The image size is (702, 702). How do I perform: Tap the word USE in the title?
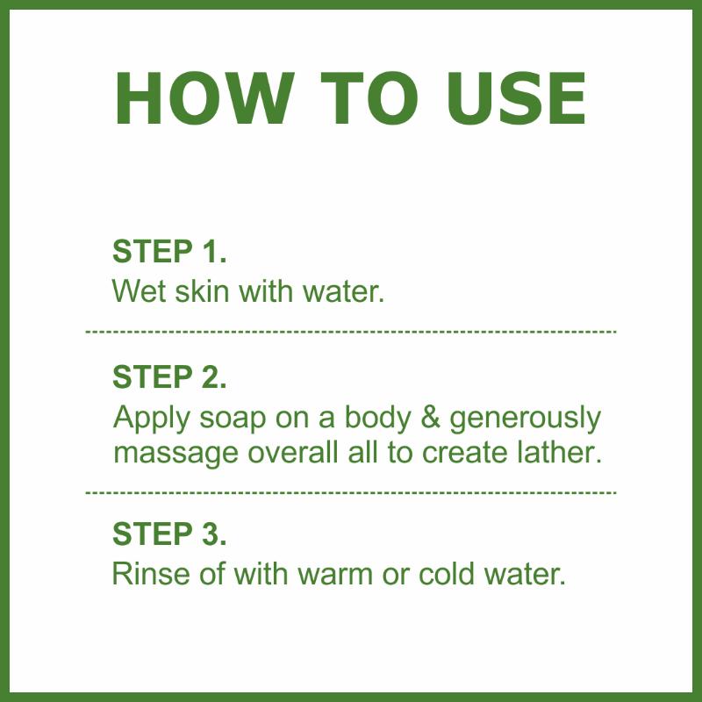point(516,98)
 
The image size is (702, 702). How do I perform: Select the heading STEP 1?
point(169,251)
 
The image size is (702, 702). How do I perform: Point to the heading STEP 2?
point(169,376)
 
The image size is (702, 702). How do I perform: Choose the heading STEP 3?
point(169,534)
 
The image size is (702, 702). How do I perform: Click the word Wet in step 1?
point(139,291)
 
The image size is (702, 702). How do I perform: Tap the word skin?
point(202,291)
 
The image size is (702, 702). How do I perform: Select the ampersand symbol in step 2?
point(430,418)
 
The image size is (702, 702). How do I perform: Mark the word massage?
point(175,455)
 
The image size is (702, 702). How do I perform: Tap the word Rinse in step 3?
point(151,573)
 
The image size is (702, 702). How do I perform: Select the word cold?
point(447,573)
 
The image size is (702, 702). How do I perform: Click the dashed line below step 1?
point(351,332)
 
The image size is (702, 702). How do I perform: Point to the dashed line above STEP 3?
point(351,492)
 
